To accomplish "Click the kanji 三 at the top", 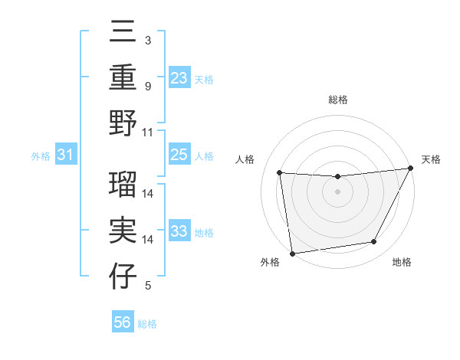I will click(123, 34).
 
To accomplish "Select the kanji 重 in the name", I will click(123, 78).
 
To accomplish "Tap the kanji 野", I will click(123, 123).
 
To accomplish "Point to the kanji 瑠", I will click(123, 187).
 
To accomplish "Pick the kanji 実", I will click(123, 231).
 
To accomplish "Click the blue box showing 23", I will click(179, 78).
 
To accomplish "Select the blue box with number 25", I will click(179, 155).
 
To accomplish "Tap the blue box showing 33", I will click(179, 231).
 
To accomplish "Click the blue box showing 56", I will click(123, 322).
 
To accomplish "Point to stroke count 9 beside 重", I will click(147, 86).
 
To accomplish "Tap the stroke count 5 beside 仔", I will click(147, 286).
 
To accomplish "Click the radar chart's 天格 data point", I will click(411, 169).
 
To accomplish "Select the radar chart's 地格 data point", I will click(374, 242).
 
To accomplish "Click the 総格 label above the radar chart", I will click(337, 100).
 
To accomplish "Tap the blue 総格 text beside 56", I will click(147, 324).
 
